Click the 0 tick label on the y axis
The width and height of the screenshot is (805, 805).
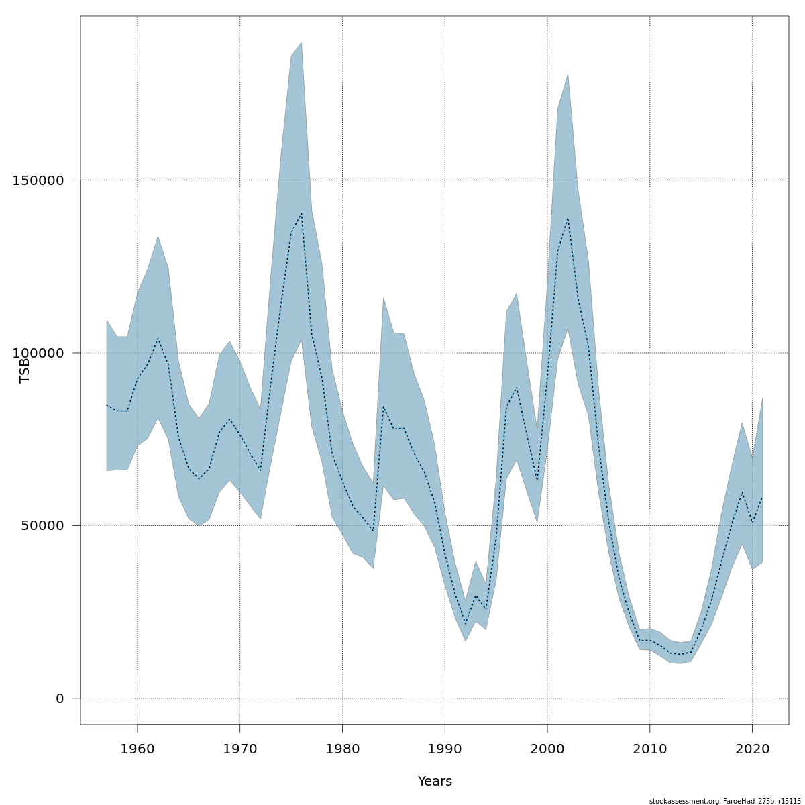(x=60, y=698)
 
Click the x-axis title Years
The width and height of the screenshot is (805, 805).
(x=435, y=782)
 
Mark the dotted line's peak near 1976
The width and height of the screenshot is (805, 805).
(x=301, y=213)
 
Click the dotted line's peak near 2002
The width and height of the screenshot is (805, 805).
(x=568, y=218)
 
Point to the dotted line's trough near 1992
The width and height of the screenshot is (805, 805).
(x=466, y=625)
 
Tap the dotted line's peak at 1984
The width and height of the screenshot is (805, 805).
(x=383, y=407)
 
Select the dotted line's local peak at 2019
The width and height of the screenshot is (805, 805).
(x=742, y=492)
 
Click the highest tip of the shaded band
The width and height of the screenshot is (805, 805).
(x=301, y=42)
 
